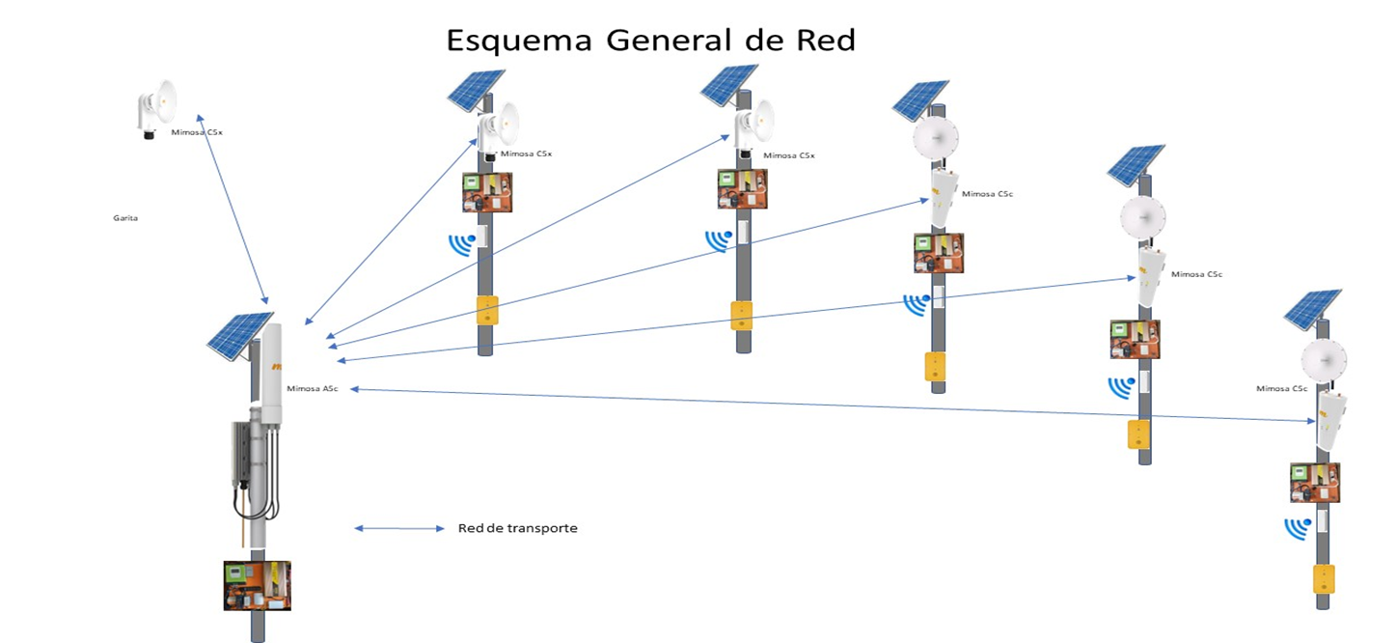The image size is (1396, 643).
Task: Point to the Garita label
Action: (125, 218)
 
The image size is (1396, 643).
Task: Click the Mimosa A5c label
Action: (312, 388)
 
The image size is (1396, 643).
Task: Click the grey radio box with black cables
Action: (242, 452)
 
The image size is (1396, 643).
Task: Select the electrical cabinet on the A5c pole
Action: (257, 585)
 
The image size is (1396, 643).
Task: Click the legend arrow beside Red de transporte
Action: (398, 528)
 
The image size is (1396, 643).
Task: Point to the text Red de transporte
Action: (517, 528)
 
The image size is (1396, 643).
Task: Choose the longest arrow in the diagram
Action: (830, 405)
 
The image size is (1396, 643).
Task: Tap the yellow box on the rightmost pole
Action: (1324, 579)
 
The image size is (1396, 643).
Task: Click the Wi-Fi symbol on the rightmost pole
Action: (1298, 528)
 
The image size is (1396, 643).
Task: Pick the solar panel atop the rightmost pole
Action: (1312, 308)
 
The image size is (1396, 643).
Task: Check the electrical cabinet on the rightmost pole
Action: (1315, 483)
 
